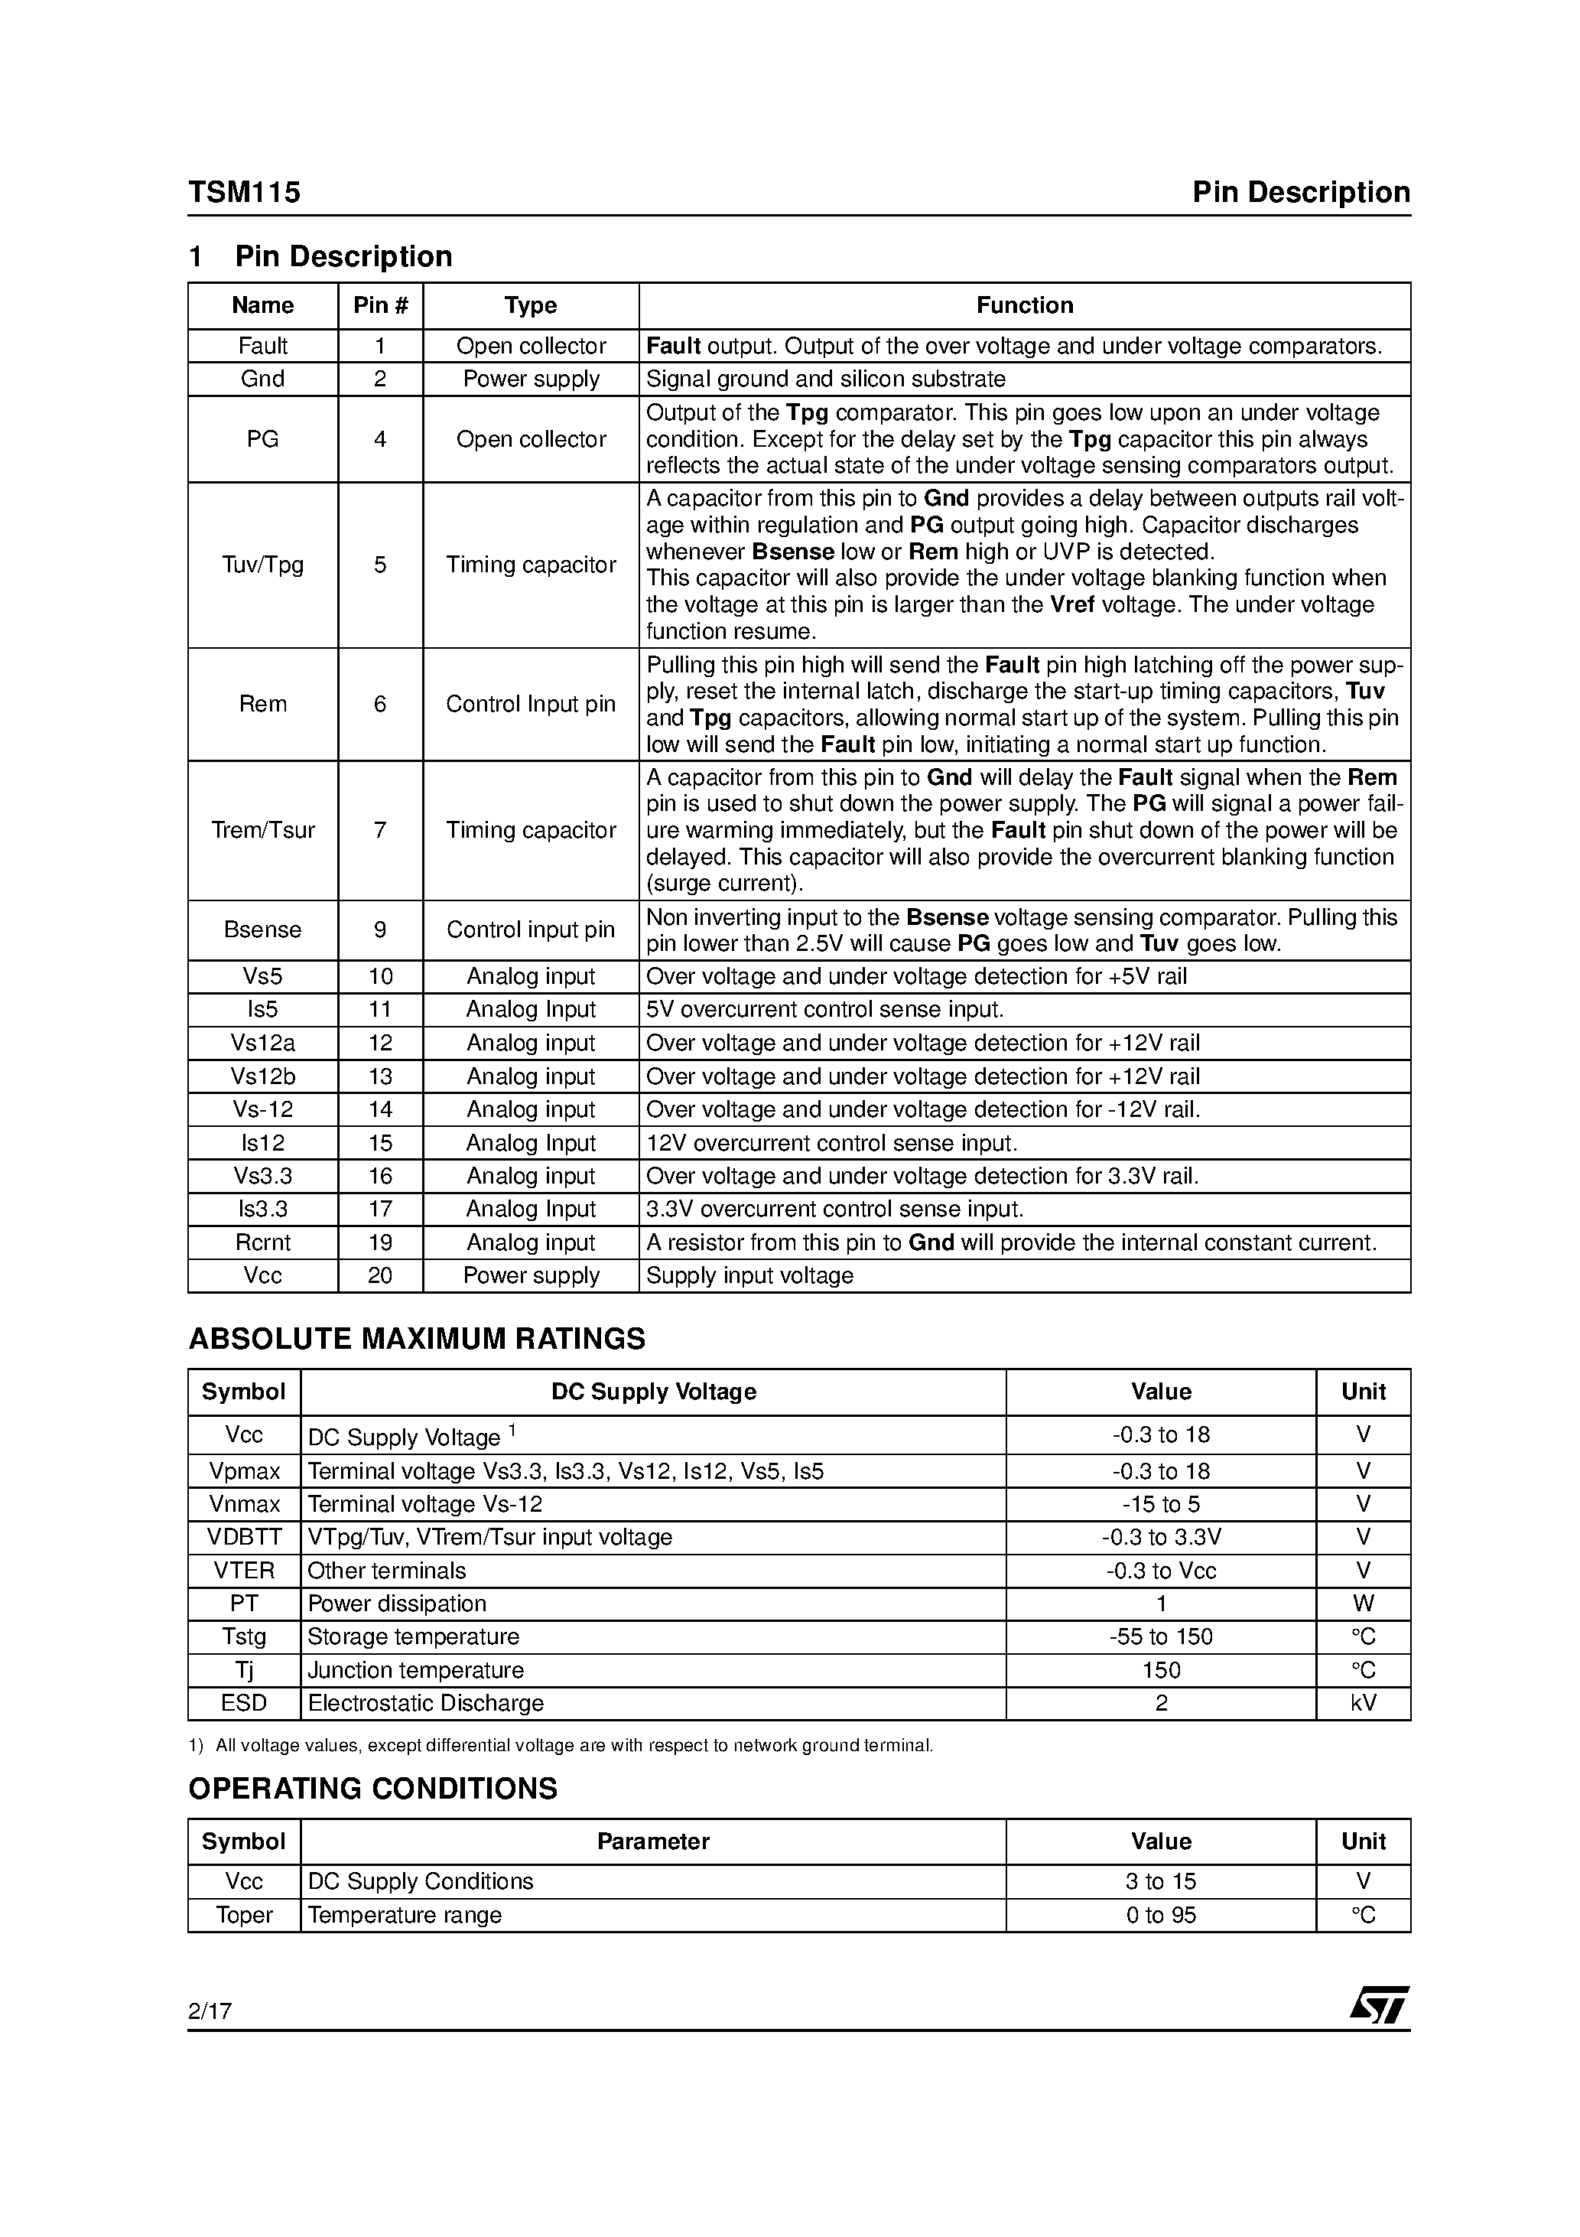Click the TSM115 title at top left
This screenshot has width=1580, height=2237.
245,192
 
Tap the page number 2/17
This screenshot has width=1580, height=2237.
210,2010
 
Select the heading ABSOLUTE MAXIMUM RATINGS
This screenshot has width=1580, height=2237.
416,1339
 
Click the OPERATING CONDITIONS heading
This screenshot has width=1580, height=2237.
372,1789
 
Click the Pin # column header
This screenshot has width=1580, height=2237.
380,305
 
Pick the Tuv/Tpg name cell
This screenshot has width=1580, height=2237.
262,565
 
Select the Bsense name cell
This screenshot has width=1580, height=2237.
262,930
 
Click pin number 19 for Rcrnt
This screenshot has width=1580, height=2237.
380,1242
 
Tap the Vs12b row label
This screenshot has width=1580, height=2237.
262,1076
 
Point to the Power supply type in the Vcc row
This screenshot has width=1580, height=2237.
531,1275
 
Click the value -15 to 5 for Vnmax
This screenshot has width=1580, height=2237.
1160,1504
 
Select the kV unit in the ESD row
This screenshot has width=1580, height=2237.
1363,1703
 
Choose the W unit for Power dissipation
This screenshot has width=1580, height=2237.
1363,1604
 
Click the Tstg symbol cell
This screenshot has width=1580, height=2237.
243,1637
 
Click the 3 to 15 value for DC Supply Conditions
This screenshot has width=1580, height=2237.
1160,1881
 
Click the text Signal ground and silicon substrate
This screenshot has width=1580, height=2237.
825,379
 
